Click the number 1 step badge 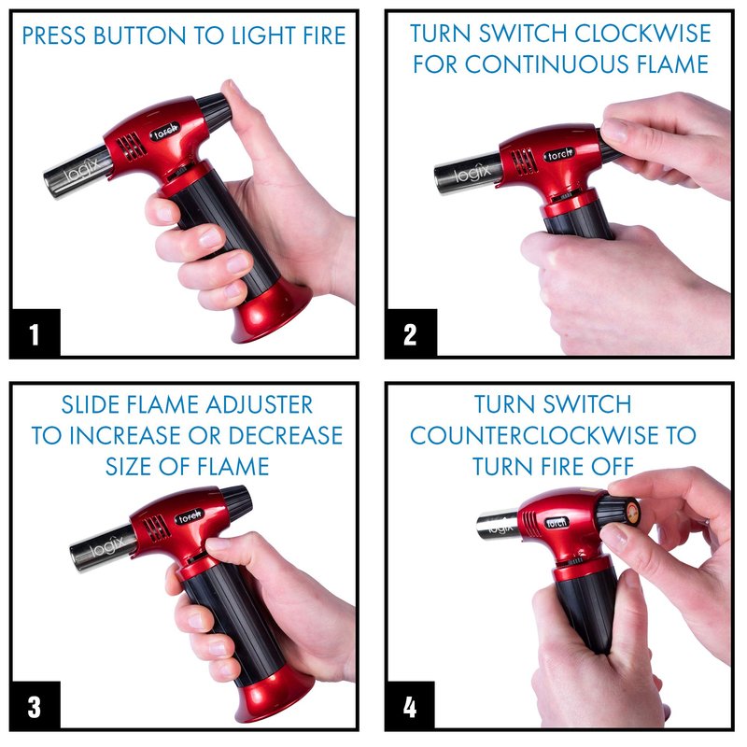[35, 333]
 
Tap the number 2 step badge [411, 333]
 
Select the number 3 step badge [35, 706]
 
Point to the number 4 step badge [410, 706]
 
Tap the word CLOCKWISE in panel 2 [642, 34]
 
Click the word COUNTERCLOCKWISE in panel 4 [539, 435]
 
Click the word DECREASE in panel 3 [285, 435]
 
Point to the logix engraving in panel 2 [472, 174]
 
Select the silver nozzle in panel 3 [101, 548]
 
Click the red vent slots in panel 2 [523, 161]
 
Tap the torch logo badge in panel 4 [557, 522]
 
